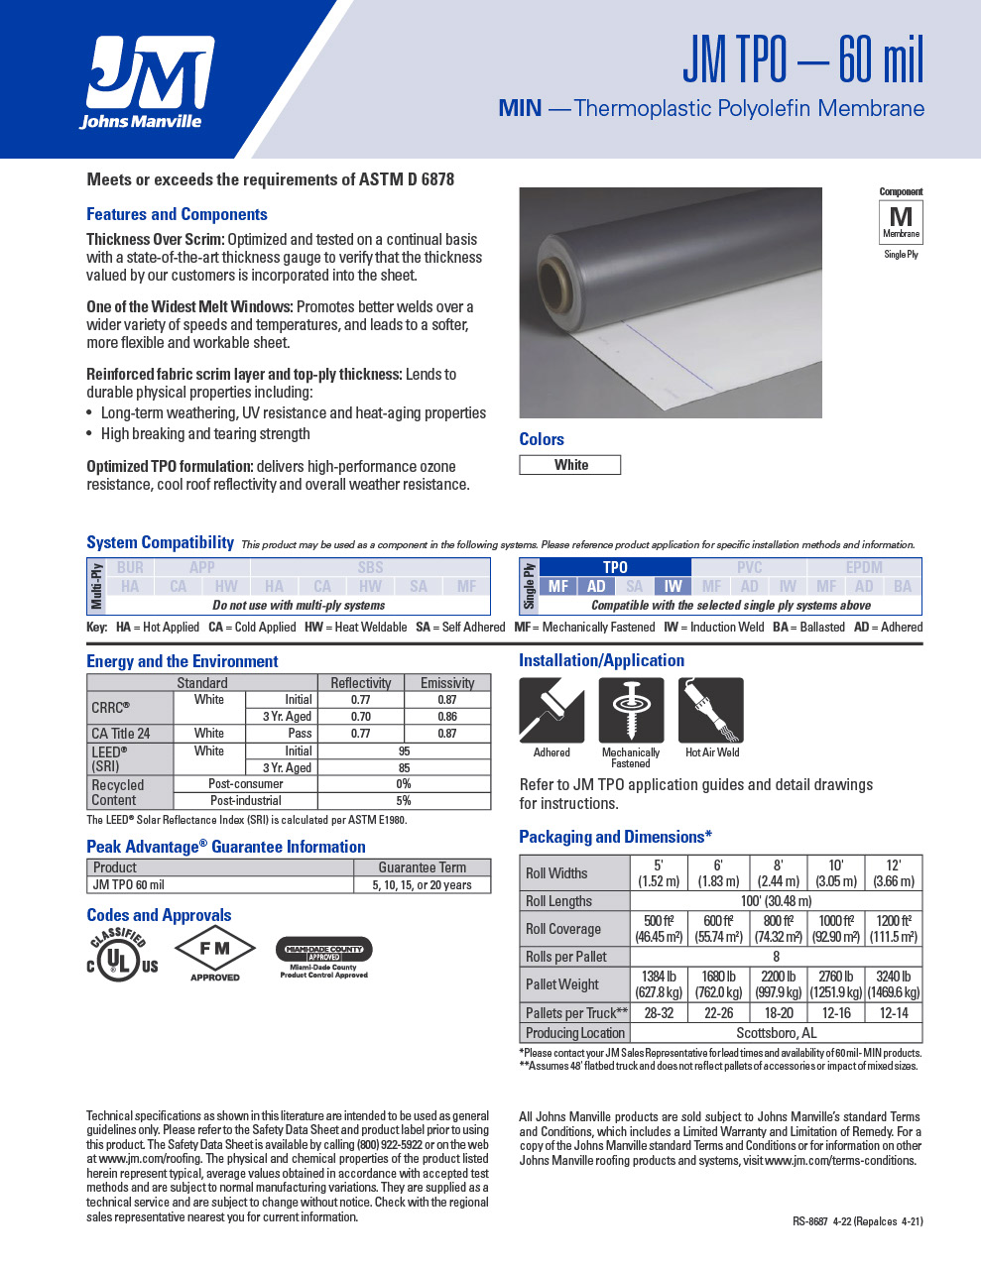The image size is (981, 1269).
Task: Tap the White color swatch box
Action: coord(570,465)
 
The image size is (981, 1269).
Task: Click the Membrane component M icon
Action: coord(901,221)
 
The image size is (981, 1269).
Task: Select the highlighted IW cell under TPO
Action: coord(673,586)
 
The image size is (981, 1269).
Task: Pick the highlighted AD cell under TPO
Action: coord(596,586)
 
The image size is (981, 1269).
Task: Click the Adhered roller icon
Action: coord(552,710)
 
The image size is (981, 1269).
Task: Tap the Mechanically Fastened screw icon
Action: coord(631,710)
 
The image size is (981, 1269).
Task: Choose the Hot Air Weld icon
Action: coord(711,710)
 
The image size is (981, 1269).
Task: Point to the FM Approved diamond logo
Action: coord(214,953)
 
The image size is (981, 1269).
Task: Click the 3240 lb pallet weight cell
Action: coord(894,984)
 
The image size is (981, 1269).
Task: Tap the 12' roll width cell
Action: coord(894,872)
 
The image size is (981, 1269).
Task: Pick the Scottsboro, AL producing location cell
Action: coord(776,1033)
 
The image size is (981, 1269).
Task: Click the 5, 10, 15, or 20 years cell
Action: coord(422,885)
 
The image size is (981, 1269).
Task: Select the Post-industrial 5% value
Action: coord(404,801)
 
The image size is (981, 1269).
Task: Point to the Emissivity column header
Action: coord(447,683)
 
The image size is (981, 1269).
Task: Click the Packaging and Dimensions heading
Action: coord(615,837)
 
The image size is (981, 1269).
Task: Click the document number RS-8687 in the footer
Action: coord(810,1221)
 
